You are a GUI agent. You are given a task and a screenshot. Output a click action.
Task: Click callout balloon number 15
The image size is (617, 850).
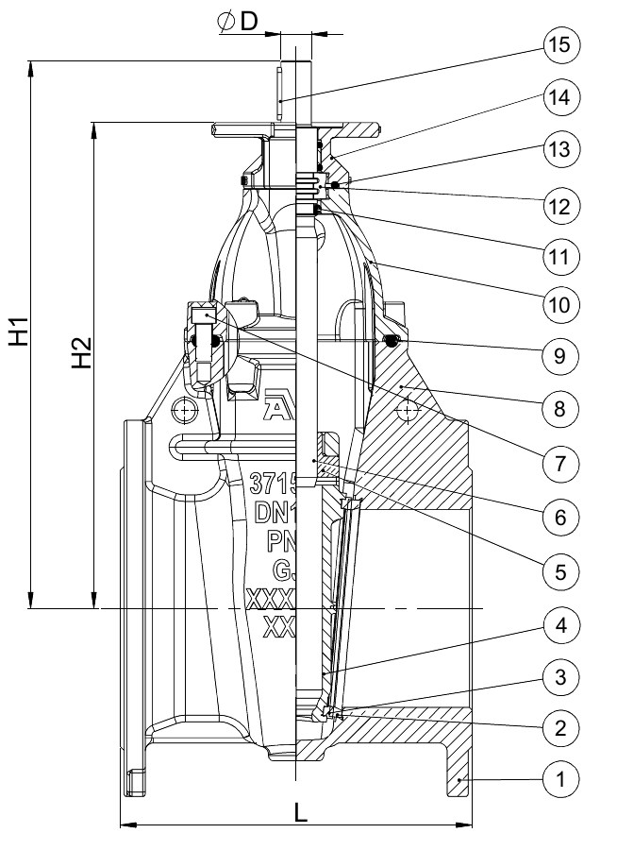coord(562,43)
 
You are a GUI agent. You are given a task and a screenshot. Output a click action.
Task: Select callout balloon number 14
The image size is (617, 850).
coord(562,96)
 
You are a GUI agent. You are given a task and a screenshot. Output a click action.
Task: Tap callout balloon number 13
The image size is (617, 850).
coord(562,148)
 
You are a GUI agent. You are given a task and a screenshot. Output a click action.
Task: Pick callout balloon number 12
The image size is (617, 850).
coord(562,204)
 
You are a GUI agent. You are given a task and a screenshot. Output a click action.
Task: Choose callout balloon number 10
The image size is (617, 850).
coord(562,304)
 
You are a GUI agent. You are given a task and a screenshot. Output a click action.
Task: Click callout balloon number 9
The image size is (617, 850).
coord(562,355)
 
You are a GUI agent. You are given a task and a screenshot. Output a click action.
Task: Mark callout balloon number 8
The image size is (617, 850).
coord(562,408)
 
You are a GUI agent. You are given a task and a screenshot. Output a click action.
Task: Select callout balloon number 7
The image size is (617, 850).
coord(562,463)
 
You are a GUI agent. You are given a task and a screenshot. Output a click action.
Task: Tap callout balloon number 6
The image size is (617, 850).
coord(562,517)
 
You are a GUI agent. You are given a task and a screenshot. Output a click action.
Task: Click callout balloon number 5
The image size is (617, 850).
coord(562,570)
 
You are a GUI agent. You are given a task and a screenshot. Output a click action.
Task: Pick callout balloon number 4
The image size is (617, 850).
coord(562,624)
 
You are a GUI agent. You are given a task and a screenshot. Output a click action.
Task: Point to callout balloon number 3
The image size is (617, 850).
coord(562,675)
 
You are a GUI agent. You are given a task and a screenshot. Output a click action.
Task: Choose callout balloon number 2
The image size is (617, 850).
coord(562,727)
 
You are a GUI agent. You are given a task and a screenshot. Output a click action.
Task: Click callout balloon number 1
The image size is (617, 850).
coord(562,779)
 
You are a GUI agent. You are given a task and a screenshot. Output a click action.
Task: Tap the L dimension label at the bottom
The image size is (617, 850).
coord(300,813)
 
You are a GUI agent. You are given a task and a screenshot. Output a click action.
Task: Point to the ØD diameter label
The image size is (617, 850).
coord(238,22)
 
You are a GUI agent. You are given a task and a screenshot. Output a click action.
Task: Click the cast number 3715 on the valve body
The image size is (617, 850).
coord(273,484)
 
